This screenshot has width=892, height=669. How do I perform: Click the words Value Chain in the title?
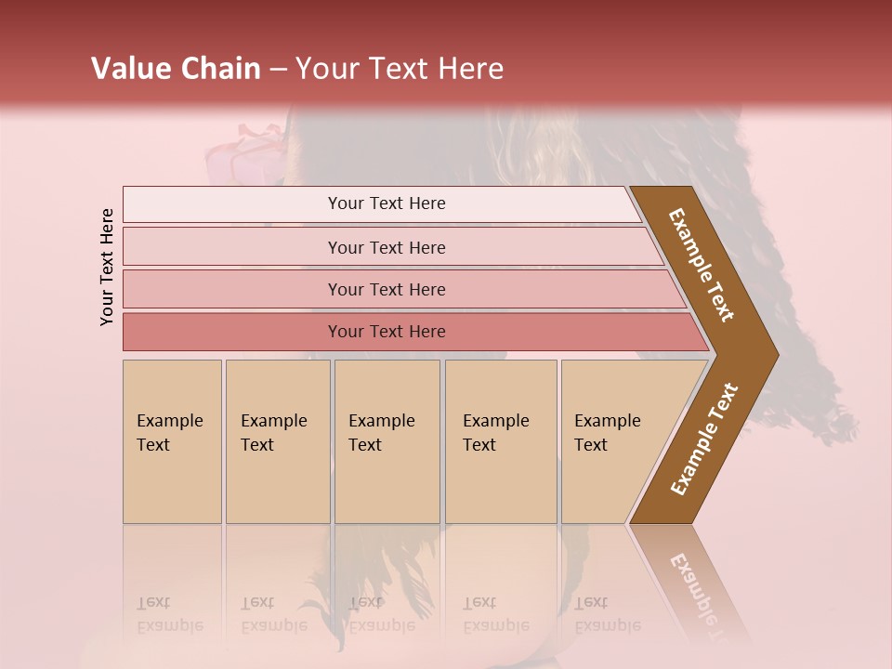tap(176, 69)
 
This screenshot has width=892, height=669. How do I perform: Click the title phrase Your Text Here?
tap(400, 69)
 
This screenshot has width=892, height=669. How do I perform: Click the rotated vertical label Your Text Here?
tap(107, 267)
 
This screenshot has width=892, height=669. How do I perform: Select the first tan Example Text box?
tap(172, 441)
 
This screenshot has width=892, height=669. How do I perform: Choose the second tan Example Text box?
tap(277, 441)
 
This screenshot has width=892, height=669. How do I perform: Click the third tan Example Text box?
tap(387, 441)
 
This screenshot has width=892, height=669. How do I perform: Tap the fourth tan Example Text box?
tap(500, 441)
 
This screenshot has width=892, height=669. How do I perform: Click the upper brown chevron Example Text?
tap(702, 265)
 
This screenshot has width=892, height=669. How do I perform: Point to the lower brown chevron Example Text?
tap(704, 439)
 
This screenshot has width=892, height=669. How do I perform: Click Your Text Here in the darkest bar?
tap(387, 332)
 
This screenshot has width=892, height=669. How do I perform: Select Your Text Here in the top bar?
tap(387, 203)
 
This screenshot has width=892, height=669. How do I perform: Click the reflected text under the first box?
tap(169, 614)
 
